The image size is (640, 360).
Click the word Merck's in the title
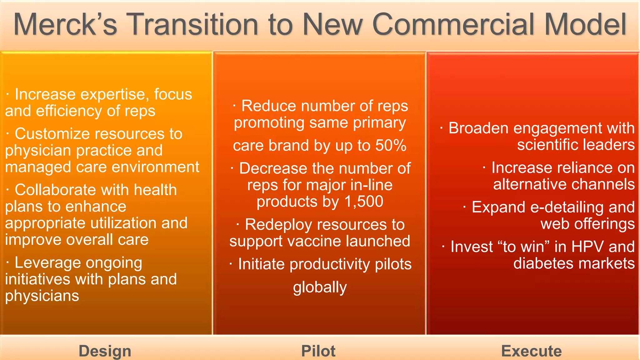tap(65, 24)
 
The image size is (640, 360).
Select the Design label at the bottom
tap(105, 351)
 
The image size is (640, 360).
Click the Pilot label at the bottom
tap(318, 351)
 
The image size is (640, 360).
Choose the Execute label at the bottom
tap(531, 351)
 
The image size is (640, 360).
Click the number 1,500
tap(364, 202)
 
